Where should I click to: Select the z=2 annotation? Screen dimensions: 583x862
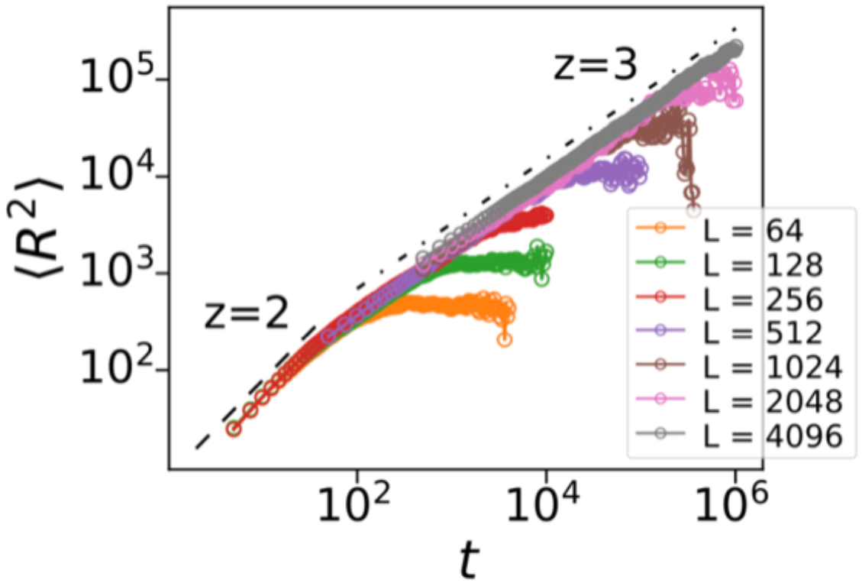(246, 315)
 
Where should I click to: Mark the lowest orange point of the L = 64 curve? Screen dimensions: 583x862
(504, 340)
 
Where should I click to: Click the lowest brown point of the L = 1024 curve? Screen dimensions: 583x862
(693, 210)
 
